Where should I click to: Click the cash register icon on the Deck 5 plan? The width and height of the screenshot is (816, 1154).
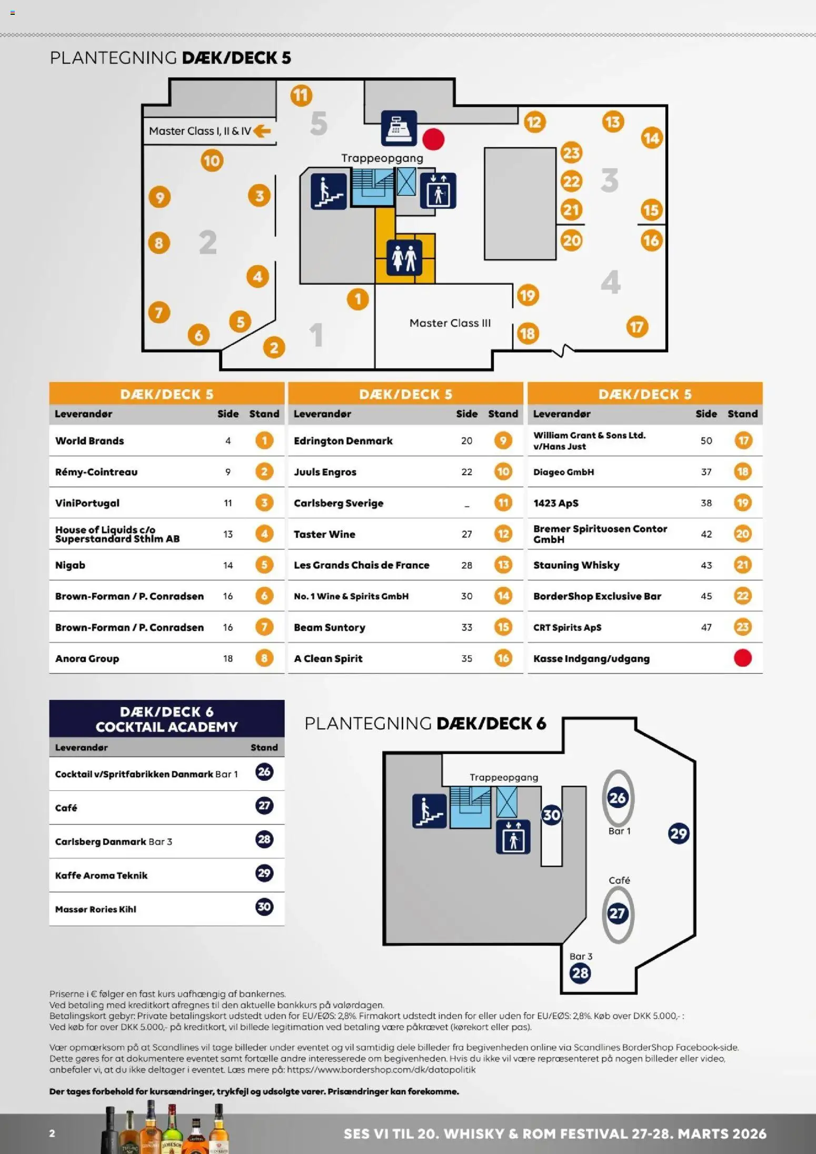click(x=399, y=128)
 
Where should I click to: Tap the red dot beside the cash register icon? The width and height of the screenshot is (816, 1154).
click(x=433, y=139)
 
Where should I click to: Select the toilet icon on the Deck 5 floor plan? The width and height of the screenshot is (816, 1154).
click(x=404, y=258)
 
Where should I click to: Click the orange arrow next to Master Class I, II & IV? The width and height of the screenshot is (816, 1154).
click(x=262, y=131)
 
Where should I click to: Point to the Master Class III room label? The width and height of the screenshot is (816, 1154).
click(x=450, y=323)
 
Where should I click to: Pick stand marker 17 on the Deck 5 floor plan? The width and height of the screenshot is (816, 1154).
click(x=637, y=327)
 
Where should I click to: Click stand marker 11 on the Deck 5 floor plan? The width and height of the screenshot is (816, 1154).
click(x=301, y=96)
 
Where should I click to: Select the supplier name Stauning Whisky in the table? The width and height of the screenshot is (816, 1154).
click(x=576, y=565)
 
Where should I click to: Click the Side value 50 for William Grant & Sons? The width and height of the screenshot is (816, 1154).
click(x=706, y=440)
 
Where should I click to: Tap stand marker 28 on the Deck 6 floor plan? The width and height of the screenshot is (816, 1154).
click(x=580, y=973)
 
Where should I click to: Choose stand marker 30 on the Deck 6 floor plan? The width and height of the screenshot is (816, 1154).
click(x=551, y=815)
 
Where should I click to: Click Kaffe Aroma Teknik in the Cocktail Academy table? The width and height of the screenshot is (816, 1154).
click(x=101, y=876)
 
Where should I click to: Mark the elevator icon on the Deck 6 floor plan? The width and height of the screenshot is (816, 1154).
click(x=513, y=837)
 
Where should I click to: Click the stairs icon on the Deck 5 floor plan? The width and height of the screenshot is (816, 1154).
click(x=329, y=192)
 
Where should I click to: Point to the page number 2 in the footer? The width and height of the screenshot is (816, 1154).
click(x=52, y=1133)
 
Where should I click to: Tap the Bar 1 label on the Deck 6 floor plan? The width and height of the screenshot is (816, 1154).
click(x=619, y=831)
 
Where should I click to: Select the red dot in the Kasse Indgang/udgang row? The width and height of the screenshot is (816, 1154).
click(x=742, y=658)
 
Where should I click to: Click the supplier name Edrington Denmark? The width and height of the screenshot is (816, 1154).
click(x=343, y=441)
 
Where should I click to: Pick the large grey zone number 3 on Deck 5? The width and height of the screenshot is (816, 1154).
click(x=610, y=180)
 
